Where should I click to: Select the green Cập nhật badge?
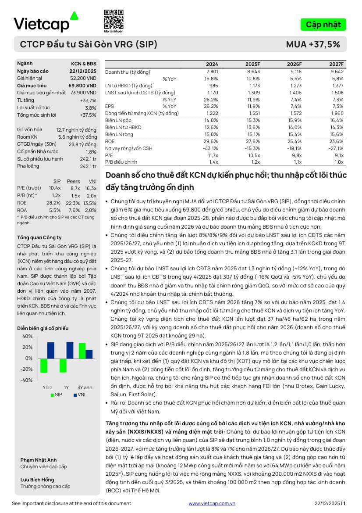click(323, 25)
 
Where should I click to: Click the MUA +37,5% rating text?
click(313, 44)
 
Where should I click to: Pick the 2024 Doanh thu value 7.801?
click(212, 72)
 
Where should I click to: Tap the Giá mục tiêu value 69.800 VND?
click(82, 86)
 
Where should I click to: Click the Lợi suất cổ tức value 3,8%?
click(91, 108)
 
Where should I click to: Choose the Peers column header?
click(74, 181)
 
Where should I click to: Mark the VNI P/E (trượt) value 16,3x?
click(90, 188)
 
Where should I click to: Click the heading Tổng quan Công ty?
click(39, 237)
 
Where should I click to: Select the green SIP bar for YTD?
click(44, 366)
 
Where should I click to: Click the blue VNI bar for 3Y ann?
click(89, 354)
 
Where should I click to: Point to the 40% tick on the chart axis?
click(27, 336)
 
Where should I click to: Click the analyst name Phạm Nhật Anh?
click(38, 460)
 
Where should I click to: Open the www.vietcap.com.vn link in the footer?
click(212, 504)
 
